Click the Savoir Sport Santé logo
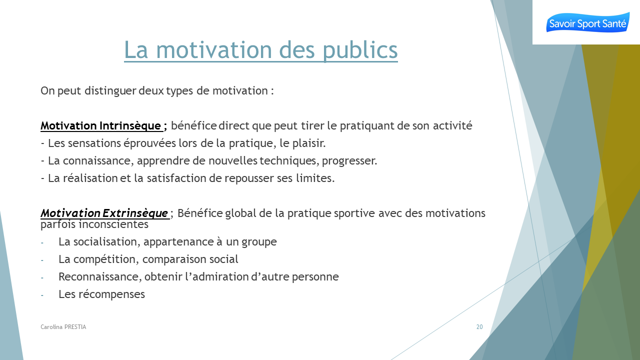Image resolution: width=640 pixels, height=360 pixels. coord(587,22)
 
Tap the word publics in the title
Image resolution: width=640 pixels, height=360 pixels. coord(360,50)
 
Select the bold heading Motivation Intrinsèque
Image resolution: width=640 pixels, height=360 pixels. coord(101,125)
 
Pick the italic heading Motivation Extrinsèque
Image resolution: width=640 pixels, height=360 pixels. coord(104,213)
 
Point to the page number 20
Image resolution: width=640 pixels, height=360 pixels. coord(479,327)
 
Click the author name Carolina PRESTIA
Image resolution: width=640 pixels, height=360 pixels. coord(63,327)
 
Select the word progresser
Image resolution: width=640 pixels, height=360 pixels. coord(349,161)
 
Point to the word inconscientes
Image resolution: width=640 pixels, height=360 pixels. coord(113,224)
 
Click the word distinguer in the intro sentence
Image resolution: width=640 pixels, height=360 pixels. coord(110,91)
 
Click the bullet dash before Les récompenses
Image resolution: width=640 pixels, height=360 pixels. coord(42,295)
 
